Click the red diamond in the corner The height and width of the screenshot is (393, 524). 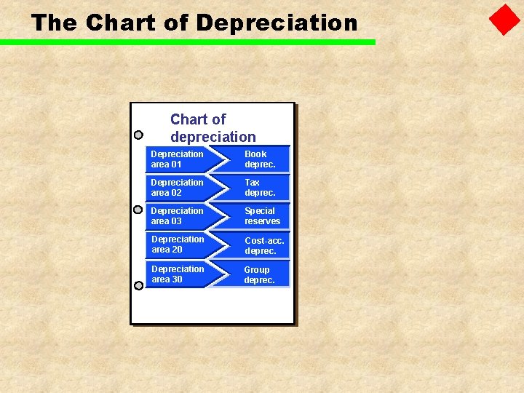click(504, 20)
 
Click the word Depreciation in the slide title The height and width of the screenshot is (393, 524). click(277, 23)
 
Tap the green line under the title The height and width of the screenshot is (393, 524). click(188, 42)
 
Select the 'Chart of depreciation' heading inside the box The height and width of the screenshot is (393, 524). click(213, 128)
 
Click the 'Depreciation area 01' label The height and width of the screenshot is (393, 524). click(177, 159)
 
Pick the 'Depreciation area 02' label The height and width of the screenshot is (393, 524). click(177, 188)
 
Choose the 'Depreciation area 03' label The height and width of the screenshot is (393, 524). click(177, 216)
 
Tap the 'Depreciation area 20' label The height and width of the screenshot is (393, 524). click(178, 245)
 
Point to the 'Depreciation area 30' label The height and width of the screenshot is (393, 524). click(178, 274)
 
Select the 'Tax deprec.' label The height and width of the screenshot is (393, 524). click(260, 188)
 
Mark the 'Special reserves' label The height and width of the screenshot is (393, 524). click(262, 216)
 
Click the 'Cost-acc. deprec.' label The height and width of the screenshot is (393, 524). click(264, 245)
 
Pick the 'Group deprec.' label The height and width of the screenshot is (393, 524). click(259, 274)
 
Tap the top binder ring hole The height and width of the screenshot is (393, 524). click(138, 135)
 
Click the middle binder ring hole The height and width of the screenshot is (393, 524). click(138, 210)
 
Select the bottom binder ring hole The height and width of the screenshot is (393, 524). click(138, 285)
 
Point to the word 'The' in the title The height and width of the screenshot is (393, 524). click(55, 23)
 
